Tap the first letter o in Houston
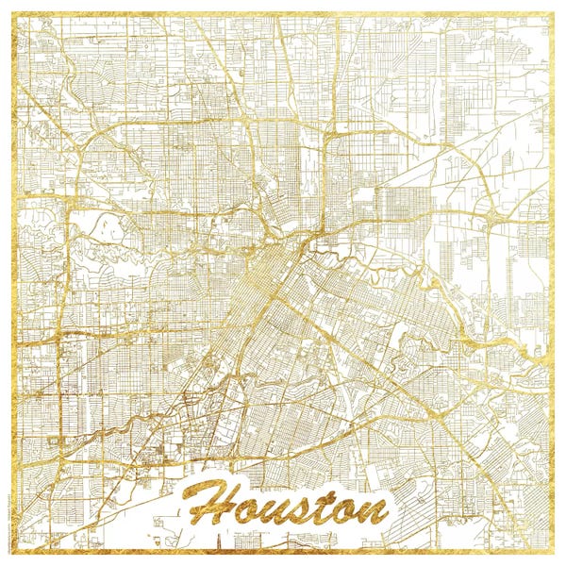click(x=246, y=509)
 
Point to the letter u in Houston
click(x=273, y=509)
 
